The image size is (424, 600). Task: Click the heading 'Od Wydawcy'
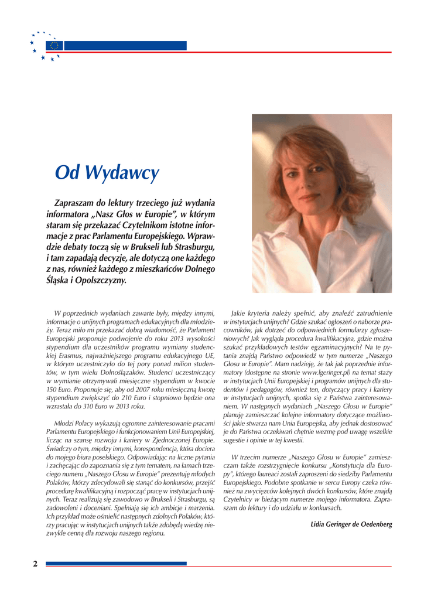click(107, 172)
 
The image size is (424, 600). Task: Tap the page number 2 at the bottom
click(35, 564)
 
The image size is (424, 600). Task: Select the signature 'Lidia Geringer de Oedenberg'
click(351, 524)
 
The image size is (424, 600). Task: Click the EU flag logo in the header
click(54, 46)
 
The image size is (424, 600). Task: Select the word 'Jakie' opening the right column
click(241, 313)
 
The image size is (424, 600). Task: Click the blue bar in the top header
click(125, 46)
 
